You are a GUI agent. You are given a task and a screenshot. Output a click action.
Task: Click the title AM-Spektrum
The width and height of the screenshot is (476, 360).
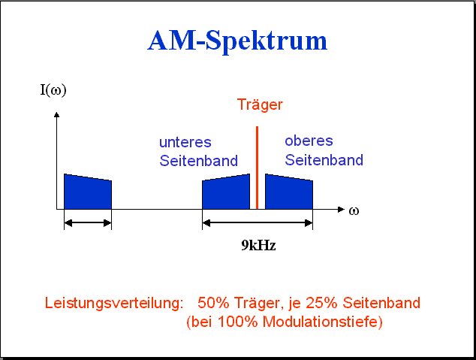tap(237, 41)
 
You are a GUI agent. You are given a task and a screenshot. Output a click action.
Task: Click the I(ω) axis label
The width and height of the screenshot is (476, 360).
tap(53, 90)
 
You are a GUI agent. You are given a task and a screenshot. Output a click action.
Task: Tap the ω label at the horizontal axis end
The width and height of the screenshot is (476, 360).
tap(354, 211)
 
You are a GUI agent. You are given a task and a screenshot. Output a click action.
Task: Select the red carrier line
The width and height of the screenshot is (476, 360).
tap(257, 168)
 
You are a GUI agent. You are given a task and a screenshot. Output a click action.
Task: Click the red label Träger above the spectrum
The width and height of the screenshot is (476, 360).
tap(260, 104)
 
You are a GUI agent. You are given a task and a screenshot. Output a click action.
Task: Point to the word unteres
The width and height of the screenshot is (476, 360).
tap(185, 143)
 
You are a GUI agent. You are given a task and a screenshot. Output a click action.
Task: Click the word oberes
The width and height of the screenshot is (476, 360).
tap(309, 141)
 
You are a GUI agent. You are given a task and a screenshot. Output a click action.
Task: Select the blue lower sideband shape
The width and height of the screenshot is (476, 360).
tap(226, 192)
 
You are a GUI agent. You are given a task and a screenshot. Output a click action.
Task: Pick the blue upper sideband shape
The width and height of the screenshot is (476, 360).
tap(289, 192)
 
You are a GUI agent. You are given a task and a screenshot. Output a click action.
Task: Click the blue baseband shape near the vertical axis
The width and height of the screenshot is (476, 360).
tap(88, 192)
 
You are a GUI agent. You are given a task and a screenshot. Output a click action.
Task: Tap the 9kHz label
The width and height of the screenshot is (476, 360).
tap(258, 245)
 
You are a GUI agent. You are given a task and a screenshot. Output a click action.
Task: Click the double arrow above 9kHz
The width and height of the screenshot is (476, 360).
tap(258, 223)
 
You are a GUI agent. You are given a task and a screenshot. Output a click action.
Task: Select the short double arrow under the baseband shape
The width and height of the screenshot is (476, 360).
tap(88, 223)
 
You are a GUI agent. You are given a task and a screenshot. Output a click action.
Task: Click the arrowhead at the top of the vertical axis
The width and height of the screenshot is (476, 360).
tap(56, 114)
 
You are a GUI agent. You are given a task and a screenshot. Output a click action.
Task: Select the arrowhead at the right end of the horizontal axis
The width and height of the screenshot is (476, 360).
tap(341, 210)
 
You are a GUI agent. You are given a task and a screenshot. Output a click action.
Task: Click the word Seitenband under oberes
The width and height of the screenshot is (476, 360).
tap(324, 160)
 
